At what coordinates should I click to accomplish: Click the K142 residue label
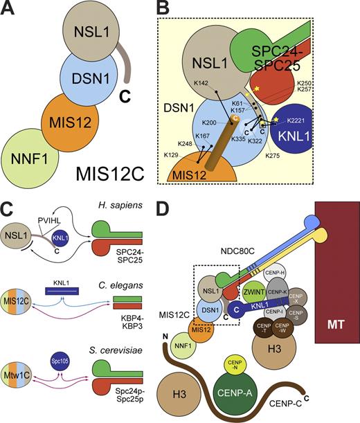pyautogui.click(x=202, y=83)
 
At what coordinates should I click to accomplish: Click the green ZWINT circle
pyautogui.click(x=257, y=291)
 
